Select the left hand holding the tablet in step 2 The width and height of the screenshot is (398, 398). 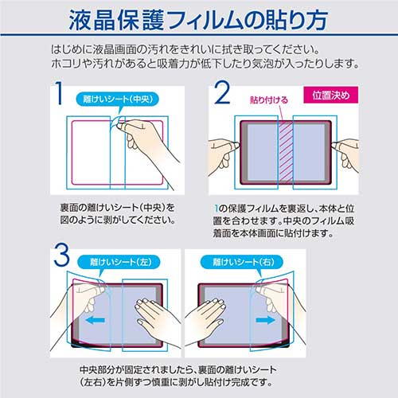(224, 150)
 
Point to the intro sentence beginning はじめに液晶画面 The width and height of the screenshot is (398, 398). (198, 50)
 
